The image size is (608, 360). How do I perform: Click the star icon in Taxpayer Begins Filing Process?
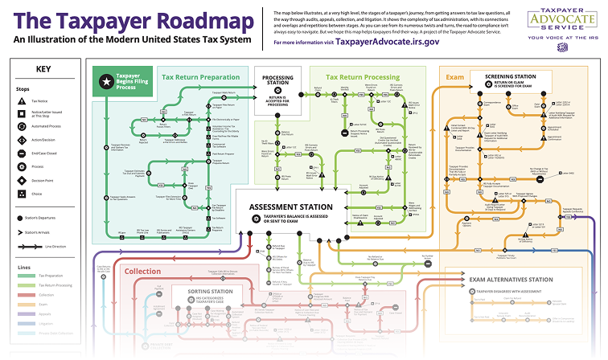pos(104,82)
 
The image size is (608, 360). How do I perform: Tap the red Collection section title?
pos(142,272)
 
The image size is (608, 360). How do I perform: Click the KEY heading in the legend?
pos(43,69)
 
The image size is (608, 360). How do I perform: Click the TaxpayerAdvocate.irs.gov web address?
pos(387,41)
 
